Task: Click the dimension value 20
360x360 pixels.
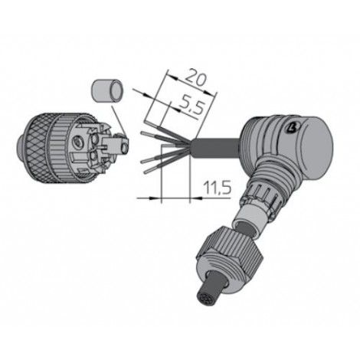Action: click(195, 77)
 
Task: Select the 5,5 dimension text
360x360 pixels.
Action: click(191, 104)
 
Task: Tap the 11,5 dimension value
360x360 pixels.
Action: click(218, 188)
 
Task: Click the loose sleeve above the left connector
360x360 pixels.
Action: click(107, 91)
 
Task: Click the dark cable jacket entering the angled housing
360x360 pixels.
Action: click(217, 147)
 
